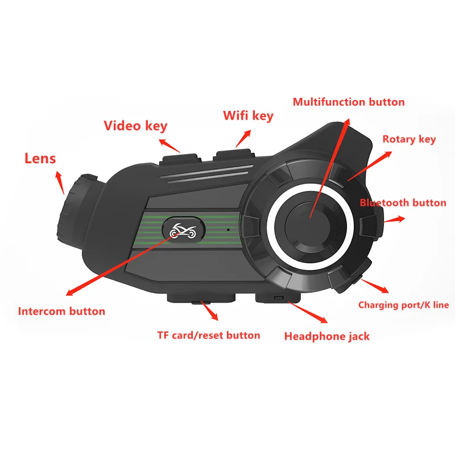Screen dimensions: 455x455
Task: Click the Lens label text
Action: pos(40,158)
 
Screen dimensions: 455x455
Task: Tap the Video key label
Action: pos(135,125)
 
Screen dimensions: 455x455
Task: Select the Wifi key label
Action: pos(248,116)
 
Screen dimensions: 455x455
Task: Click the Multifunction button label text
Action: pos(349,102)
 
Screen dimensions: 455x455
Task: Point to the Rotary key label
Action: pos(409,139)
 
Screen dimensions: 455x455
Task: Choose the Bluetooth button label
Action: pos(403,203)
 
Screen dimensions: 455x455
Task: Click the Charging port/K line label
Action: pos(403,305)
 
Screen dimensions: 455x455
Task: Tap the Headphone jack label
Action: pos(327,336)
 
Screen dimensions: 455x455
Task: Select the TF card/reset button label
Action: pos(209,335)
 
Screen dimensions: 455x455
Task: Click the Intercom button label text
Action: pos(61,311)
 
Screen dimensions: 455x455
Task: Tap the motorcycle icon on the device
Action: pos(182,230)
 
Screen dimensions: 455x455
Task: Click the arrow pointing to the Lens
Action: pos(60,183)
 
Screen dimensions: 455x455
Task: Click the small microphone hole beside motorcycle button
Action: pos(226,230)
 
